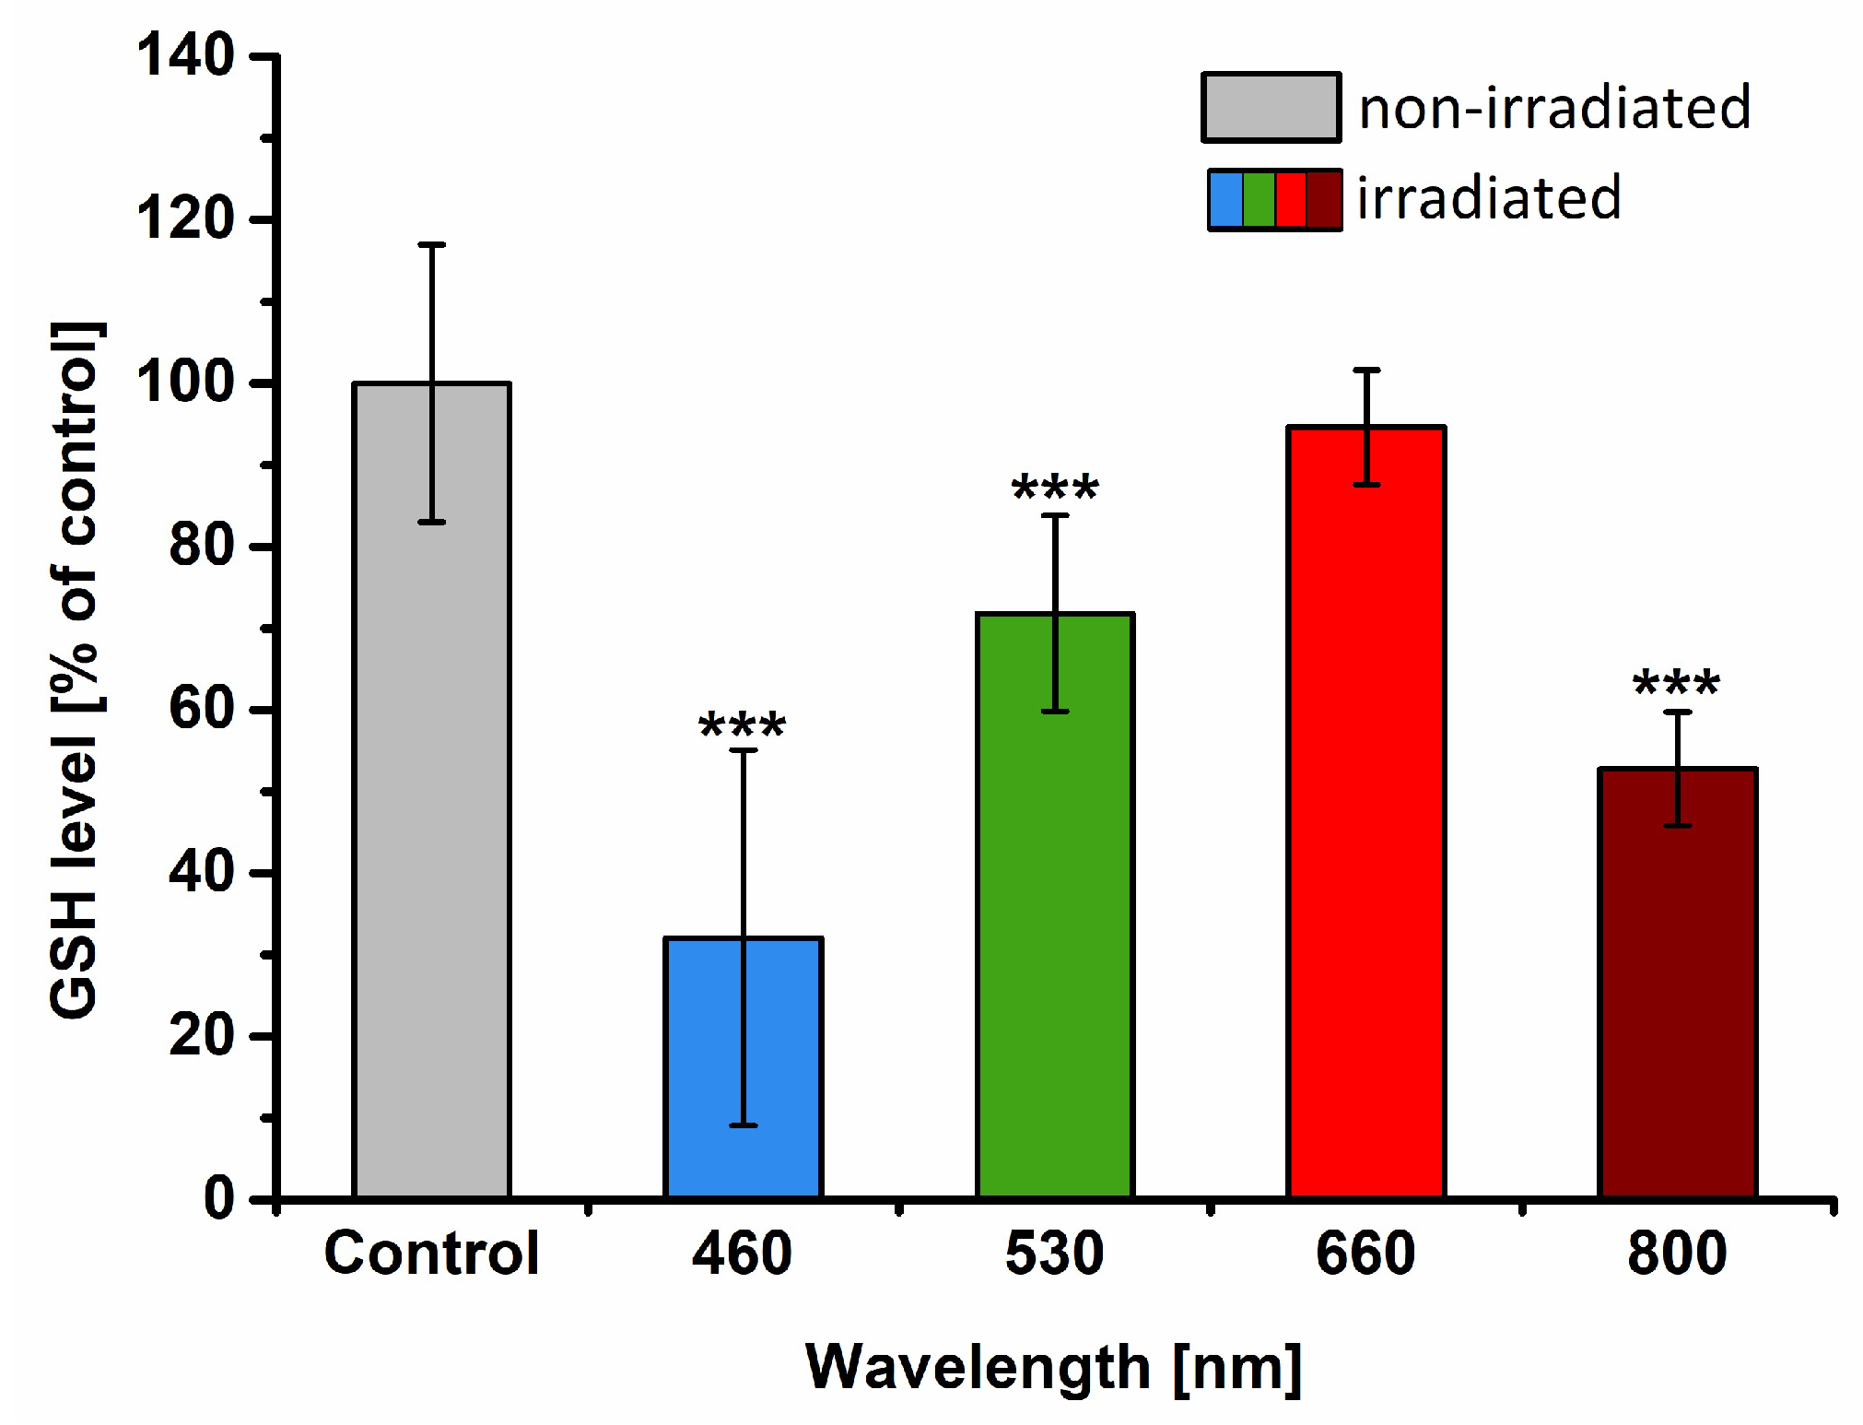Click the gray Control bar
coord(431,790)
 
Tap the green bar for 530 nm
coord(1054,905)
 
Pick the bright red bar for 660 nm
coord(1365,812)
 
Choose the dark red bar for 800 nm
coord(1677,983)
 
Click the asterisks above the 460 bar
coord(743,725)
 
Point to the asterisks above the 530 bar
coord(1055,488)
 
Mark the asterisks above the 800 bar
coord(1676,683)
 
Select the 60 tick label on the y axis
coord(203,709)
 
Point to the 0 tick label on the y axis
coord(219,1198)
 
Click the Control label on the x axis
coord(431,1254)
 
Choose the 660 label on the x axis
coord(1365,1254)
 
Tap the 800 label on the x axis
coord(1677,1254)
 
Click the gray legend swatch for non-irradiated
coord(1271,107)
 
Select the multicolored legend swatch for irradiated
coord(1274,198)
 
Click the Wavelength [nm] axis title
coord(1054,1368)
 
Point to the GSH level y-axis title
coord(76,671)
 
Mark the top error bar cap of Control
coord(431,244)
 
